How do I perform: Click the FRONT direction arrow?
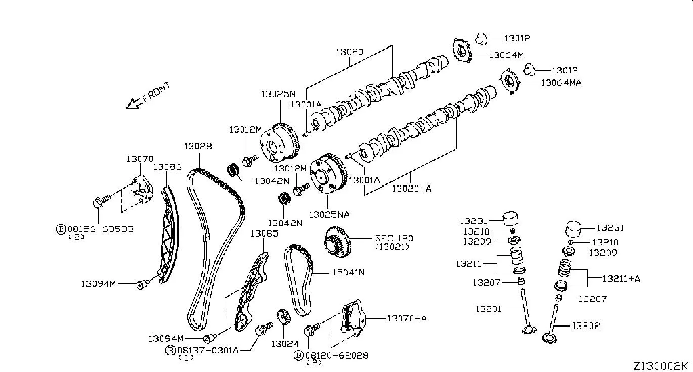tap(134, 103)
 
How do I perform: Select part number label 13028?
tap(198, 146)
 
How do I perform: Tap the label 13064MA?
tap(561, 83)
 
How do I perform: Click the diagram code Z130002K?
tap(661, 365)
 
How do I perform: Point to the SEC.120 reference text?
tap(394, 238)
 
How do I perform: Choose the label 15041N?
tap(348, 273)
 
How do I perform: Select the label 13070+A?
tap(407, 318)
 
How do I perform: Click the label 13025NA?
tap(329, 215)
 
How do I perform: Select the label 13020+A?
tap(411, 189)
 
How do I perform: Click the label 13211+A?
tap(621, 278)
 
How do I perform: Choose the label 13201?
tap(488, 308)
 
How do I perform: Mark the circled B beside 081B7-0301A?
tap(170, 350)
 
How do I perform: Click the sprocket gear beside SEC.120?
tap(337, 244)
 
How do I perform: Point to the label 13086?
tap(167, 166)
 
